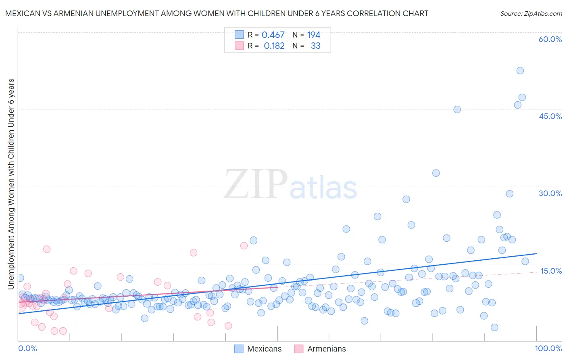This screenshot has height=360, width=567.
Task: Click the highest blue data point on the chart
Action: (x=520, y=71)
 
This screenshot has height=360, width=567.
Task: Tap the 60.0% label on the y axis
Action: (x=550, y=39)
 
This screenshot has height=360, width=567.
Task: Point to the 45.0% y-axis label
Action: (x=550, y=116)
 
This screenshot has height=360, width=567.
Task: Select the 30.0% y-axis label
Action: (x=550, y=193)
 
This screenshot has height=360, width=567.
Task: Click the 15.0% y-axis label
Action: (x=551, y=271)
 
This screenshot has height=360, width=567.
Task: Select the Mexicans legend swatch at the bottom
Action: (x=239, y=349)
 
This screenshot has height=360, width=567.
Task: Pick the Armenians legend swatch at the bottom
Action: (x=299, y=349)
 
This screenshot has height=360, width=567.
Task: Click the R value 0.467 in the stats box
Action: (x=273, y=35)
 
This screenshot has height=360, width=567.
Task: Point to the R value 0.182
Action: (x=274, y=46)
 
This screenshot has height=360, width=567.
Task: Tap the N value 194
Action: (x=314, y=35)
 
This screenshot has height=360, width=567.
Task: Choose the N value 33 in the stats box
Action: (x=316, y=46)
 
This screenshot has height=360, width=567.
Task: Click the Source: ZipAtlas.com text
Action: (x=531, y=14)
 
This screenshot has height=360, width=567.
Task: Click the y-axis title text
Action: (x=11, y=184)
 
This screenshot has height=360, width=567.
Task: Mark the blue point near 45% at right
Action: (x=457, y=109)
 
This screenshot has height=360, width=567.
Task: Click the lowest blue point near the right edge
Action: (x=494, y=327)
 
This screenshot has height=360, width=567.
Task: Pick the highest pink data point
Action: (x=244, y=245)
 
